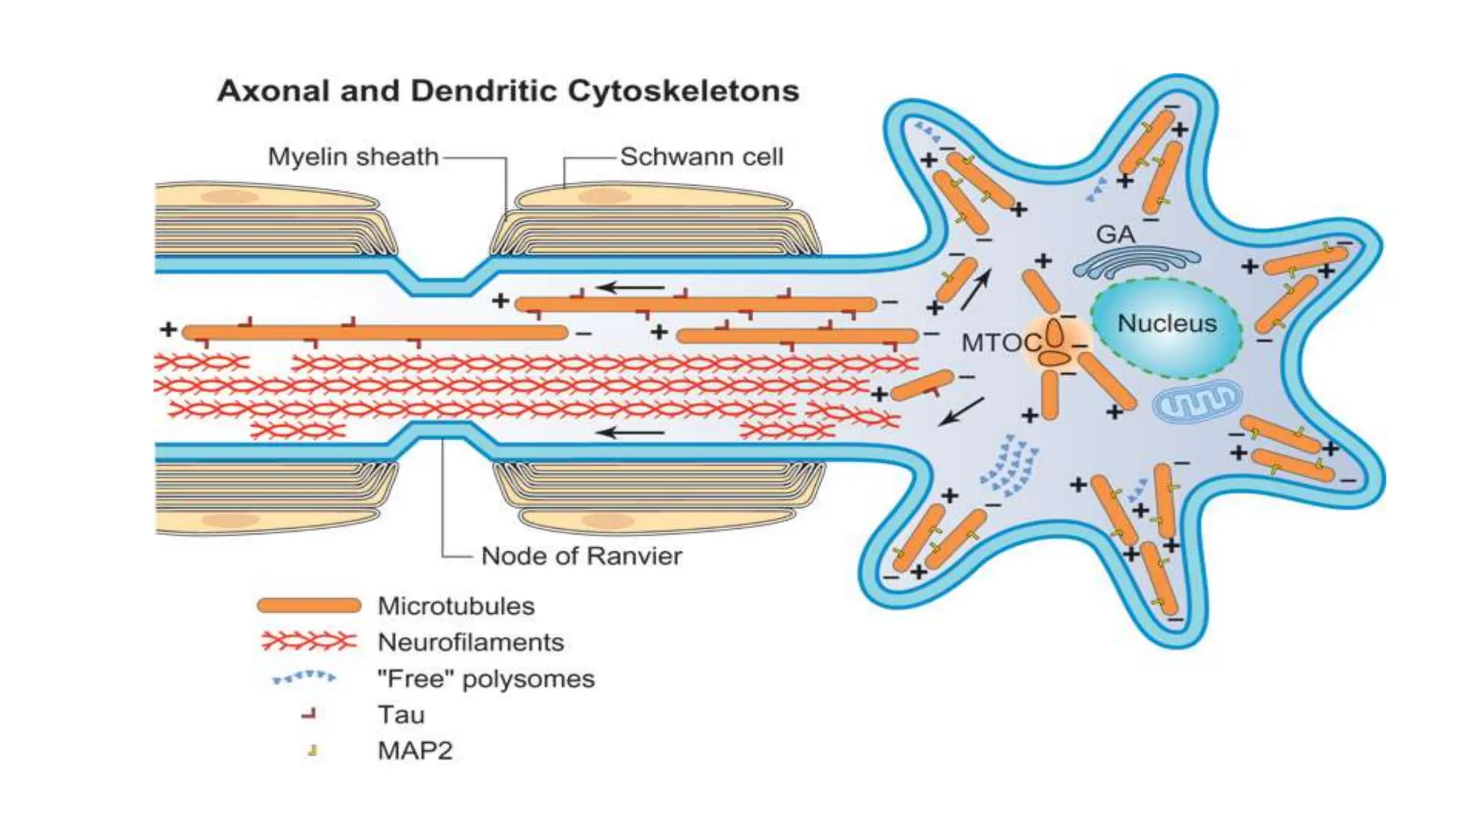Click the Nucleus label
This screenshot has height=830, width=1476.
1166,323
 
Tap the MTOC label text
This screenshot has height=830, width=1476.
1001,343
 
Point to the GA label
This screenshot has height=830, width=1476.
1115,234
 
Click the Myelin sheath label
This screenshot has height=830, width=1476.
353,156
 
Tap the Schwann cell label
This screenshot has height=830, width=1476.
701,156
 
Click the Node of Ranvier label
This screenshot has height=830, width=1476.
581,555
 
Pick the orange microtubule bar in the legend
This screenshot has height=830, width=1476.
309,605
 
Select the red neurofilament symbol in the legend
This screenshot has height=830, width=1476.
309,641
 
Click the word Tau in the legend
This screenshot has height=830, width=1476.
401,715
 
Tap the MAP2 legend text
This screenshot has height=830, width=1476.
415,751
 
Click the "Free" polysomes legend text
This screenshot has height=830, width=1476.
486,679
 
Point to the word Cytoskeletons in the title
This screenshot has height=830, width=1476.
683,92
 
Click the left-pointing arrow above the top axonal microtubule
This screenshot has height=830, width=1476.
630,287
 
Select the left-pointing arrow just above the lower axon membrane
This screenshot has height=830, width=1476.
630,432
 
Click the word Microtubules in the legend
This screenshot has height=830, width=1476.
455,606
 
